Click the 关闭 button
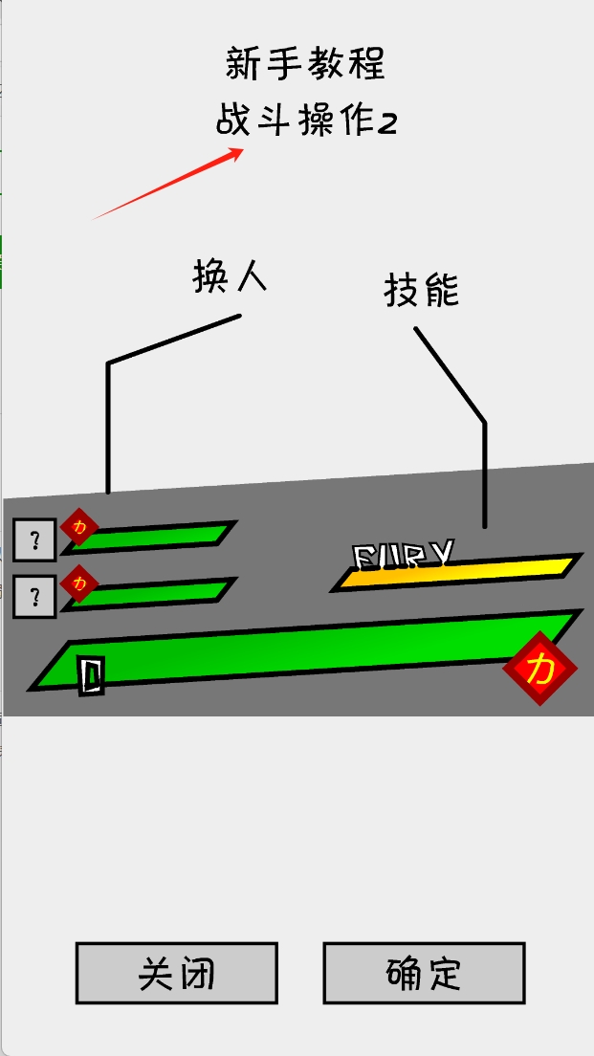click(x=177, y=974)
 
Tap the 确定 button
click(x=424, y=974)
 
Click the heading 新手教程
click(x=305, y=64)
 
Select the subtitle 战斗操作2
click(x=305, y=122)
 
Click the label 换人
click(x=230, y=277)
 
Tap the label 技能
click(x=422, y=290)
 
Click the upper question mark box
click(x=34, y=540)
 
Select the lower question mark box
click(x=34, y=598)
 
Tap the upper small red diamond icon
click(x=79, y=526)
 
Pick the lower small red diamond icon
click(x=79, y=583)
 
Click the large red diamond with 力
click(x=540, y=669)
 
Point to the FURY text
click(x=403, y=554)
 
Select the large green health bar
click(x=306, y=650)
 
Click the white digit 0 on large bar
click(x=91, y=675)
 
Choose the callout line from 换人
click(x=108, y=421)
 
